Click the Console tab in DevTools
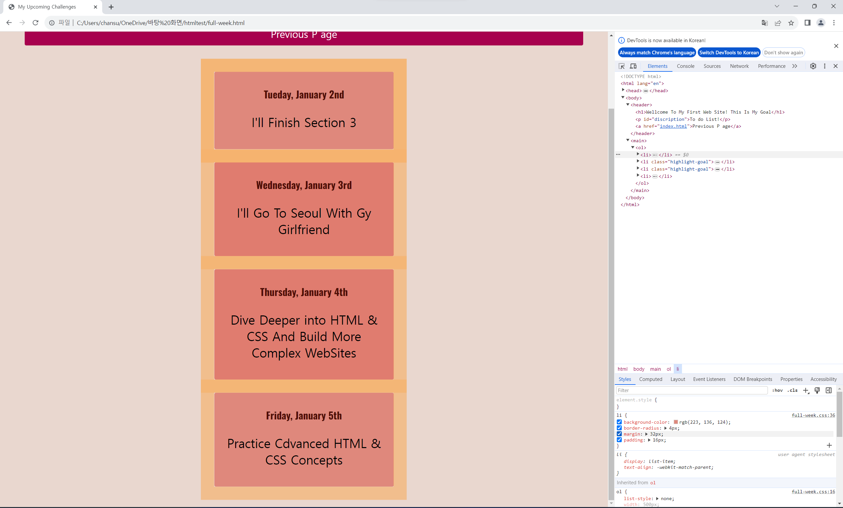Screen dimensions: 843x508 685,66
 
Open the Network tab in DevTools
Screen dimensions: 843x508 739,66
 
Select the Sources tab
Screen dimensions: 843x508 712,66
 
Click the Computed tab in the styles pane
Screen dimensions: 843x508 650,379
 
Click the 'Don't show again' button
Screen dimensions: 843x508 783,52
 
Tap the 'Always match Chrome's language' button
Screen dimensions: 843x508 657,52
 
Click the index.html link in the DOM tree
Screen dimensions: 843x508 673,126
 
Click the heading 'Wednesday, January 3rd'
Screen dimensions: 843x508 304,185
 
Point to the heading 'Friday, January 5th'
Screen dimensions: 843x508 304,415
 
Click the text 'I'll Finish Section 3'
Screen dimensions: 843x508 304,122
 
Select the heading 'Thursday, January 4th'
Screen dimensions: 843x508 304,292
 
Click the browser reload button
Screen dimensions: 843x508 35,23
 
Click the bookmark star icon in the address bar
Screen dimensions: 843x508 791,23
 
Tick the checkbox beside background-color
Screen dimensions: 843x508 619,422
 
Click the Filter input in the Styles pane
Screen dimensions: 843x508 692,390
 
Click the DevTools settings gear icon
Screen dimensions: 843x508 813,66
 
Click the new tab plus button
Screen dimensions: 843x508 111,7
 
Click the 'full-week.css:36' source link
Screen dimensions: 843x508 813,415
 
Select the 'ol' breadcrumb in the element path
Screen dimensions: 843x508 668,369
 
